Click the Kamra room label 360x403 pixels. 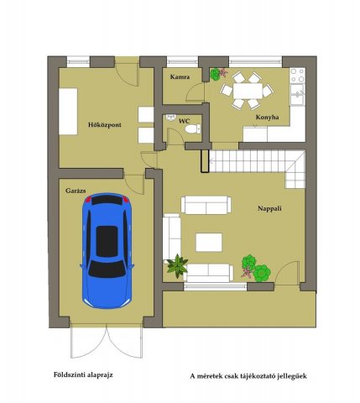[180, 76]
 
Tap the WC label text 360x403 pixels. [185, 121]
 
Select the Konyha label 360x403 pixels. [267, 118]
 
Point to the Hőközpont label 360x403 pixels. [105, 125]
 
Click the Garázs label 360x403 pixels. [76, 191]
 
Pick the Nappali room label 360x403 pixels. [269, 208]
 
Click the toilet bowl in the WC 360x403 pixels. [193, 129]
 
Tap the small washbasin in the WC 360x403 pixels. [170, 117]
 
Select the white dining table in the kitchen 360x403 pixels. [248, 91]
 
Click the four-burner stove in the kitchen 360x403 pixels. [297, 76]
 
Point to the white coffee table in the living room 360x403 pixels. [209, 243]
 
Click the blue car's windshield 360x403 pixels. [107, 269]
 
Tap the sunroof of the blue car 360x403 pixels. [107, 242]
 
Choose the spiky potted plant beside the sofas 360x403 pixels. [177, 266]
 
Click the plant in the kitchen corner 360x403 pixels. [218, 74]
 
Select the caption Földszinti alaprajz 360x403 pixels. [83, 374]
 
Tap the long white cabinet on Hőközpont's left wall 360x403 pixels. [68, 112]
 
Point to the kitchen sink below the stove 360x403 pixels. [297, 95]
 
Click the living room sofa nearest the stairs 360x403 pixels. [206, 205]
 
